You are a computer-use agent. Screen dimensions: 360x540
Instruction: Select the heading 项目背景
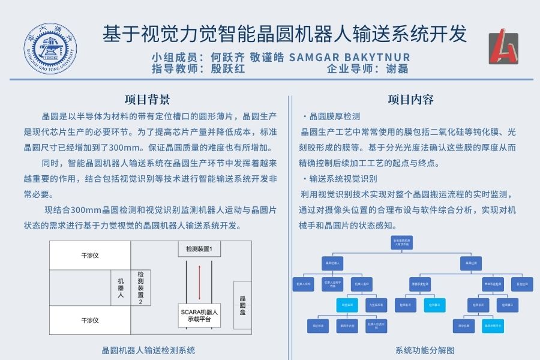coord(147,99)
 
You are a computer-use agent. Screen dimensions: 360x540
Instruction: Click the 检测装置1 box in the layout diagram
coord(203,248)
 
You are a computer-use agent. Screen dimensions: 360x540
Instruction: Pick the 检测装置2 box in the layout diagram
coord(140,287)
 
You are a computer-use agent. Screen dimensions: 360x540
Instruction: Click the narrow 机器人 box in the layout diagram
coord(121,287)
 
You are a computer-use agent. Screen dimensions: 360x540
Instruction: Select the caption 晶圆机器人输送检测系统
coord(148,350)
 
